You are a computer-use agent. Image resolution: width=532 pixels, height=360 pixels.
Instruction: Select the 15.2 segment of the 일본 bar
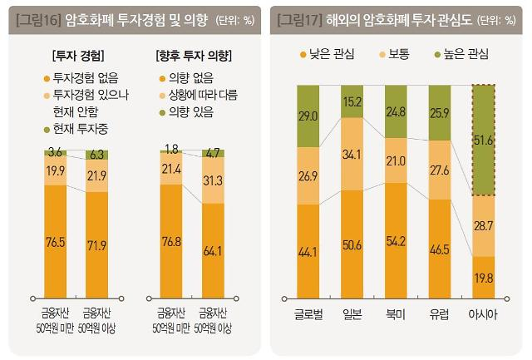point(352,102)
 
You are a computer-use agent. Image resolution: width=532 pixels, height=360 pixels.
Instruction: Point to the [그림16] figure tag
point(39,17)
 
